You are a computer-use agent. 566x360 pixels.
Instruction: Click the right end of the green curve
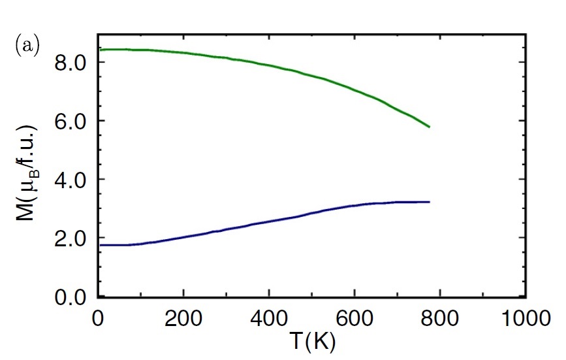pyautogui.click(x=430, y=127)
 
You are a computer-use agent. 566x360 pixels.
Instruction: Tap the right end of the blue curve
pyautogui.click(x=430, y=202)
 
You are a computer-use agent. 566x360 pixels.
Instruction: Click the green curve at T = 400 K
pyautogui.click(x=268, y=65)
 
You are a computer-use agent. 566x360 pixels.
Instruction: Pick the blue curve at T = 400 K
pyautogui.click(x=268, y=221)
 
